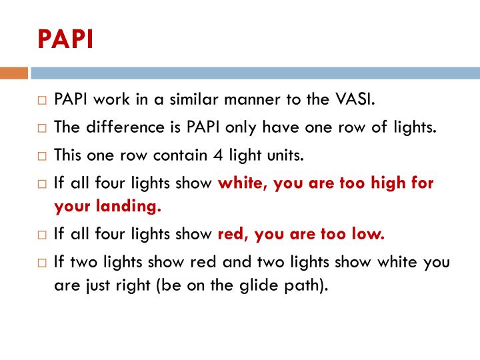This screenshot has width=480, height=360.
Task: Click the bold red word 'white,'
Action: (x=241, y=183)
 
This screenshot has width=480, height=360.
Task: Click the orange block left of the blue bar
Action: (x=14, y=73)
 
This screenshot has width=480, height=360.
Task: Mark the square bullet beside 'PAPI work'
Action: (x=41, y=101)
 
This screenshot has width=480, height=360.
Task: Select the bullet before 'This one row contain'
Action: (x=41, y=156)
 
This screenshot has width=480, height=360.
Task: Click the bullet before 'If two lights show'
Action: (x=41, y=263)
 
